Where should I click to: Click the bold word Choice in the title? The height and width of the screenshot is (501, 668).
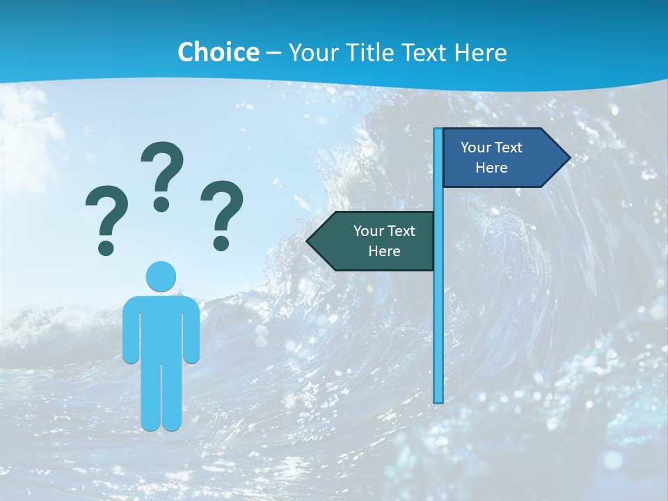[x=218, y=52]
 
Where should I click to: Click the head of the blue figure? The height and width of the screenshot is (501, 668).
[x=161, y=276]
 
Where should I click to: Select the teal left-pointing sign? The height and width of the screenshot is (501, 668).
[x=376, y=241]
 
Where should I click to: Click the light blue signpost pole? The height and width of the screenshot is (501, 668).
[x=438, y=313]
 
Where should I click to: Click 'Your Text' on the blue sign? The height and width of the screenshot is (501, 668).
[x=491, y=148]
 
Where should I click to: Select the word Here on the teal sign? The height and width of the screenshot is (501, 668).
[x=384, y=251]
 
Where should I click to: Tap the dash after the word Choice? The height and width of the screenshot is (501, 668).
[x=273, y=53]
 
